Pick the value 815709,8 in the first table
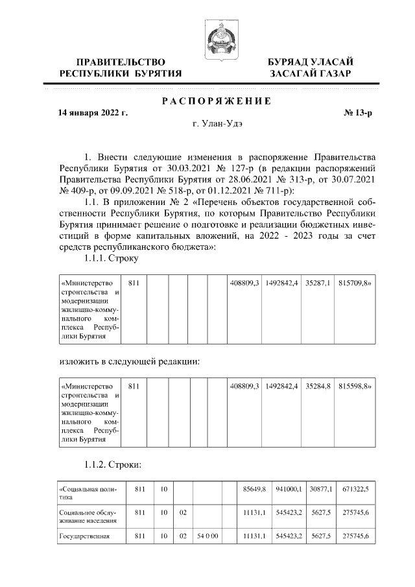(355, 283)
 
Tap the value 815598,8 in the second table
(355, 387)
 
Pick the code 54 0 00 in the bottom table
(207, 536)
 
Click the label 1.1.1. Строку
(112, 258)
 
